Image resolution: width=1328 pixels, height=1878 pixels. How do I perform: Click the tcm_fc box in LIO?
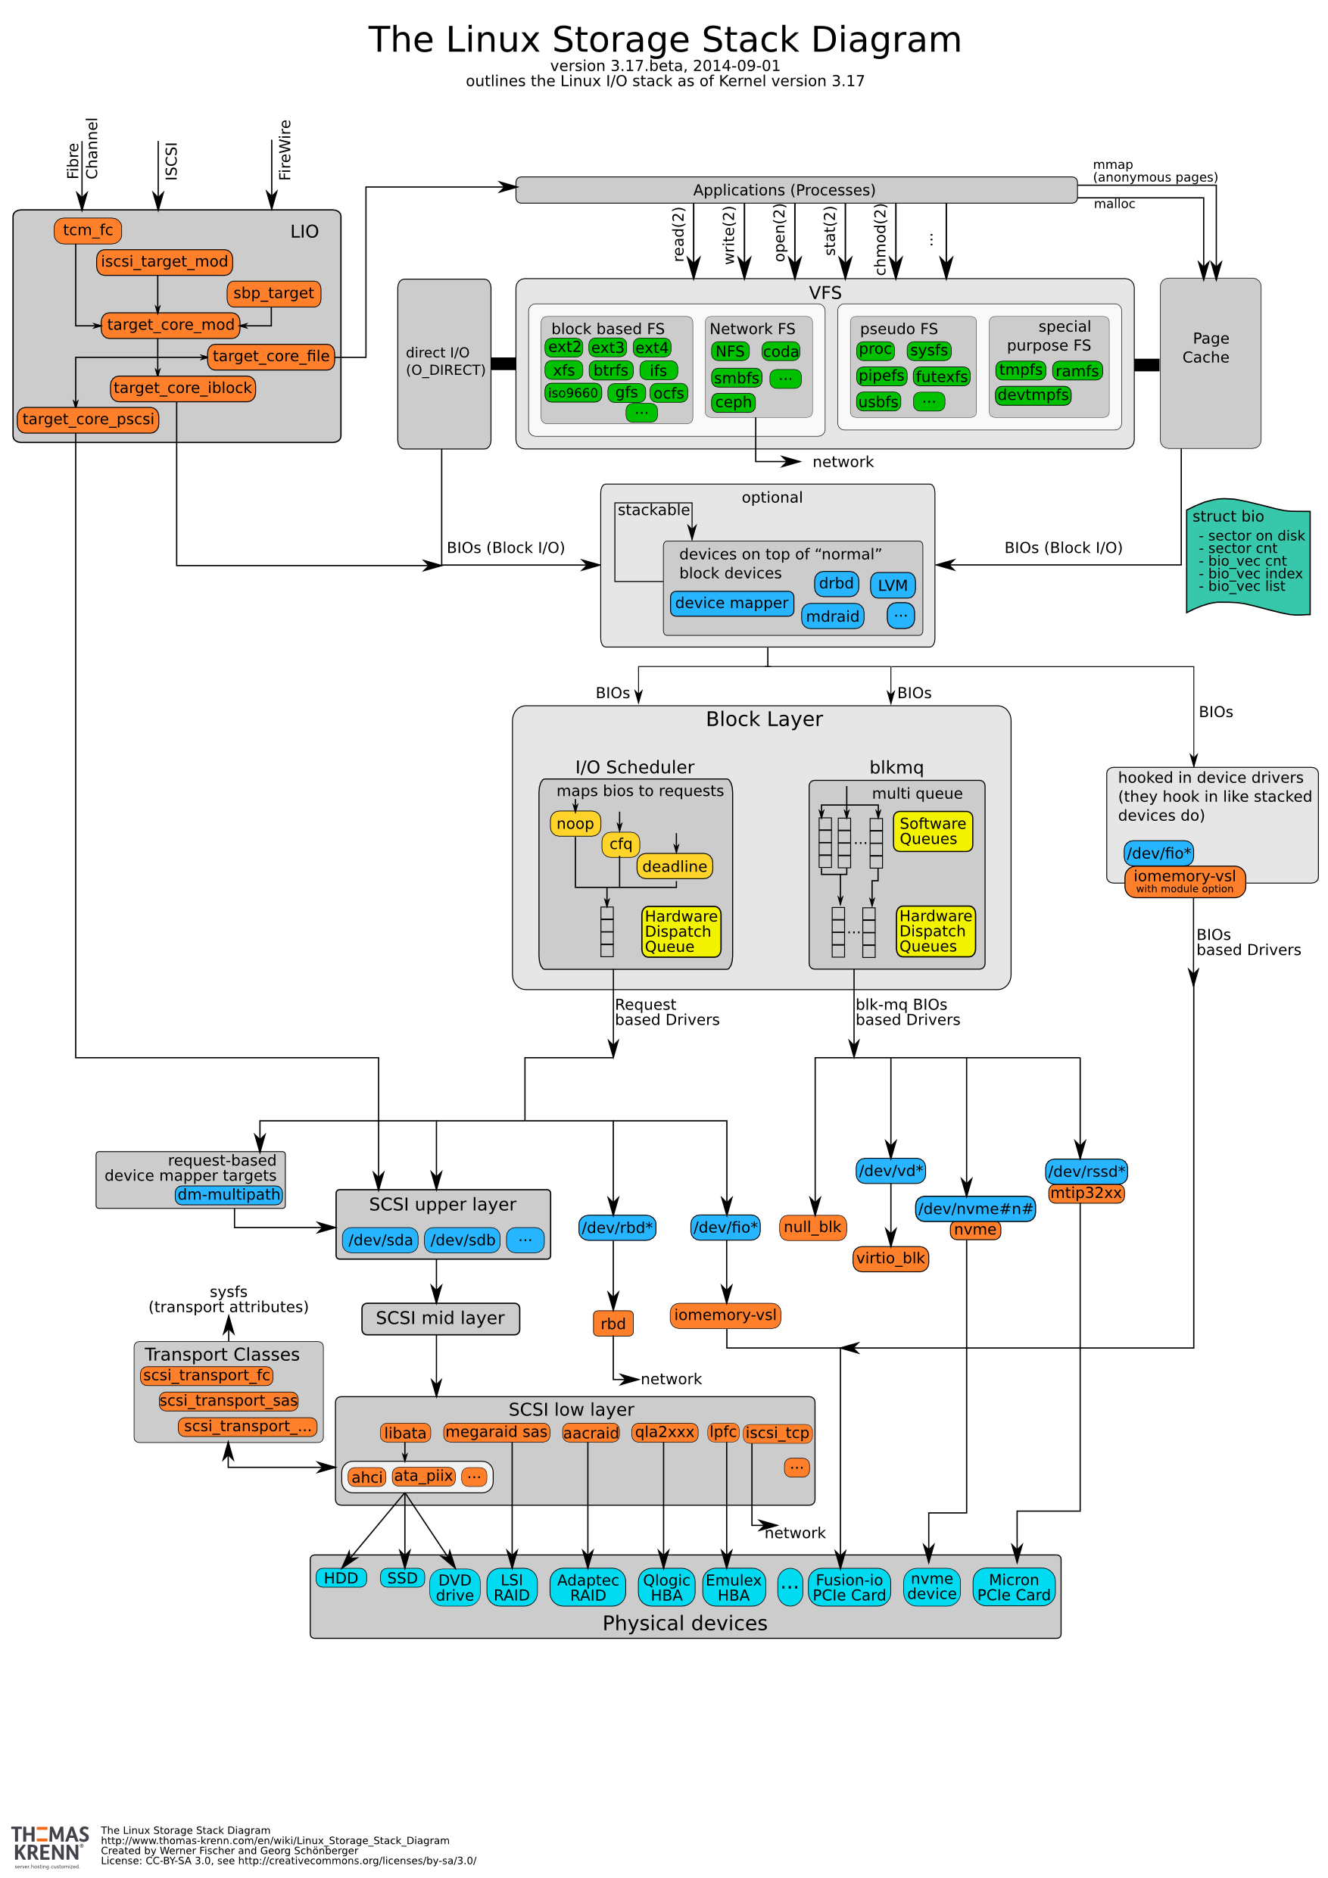coord(88,231)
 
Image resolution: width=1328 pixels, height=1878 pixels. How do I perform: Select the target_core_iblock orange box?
coord(182,388)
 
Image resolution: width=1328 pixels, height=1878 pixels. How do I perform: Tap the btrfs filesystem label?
coord(610,370)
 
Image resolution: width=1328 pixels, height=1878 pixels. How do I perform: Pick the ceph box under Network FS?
coord(733,402)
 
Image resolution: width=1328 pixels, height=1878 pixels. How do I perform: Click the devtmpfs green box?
coord(1032,395)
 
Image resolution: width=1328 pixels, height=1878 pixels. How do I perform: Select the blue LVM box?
coord(892,585)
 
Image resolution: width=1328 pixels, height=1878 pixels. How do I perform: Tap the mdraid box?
coord(832,616)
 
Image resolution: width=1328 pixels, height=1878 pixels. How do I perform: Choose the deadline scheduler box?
coord(674,866)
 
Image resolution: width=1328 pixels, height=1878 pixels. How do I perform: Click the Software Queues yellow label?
coord(932,831)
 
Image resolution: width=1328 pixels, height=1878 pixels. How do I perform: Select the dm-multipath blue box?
coord(229,1194)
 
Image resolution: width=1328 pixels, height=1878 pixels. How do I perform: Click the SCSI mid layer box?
coord(440,1318)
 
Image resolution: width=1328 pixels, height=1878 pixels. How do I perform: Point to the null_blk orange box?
coord(812,1227)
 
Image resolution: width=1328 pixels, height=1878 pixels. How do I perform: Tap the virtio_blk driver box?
coord(890,1258)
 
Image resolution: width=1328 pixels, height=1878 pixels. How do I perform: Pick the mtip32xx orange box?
coord(1085,1193)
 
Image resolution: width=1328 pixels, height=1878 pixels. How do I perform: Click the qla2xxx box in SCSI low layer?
coord(664,1432)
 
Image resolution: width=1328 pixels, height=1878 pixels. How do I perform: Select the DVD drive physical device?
coord(455,1586)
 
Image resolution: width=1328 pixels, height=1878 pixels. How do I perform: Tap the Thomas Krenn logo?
coord(49,1845)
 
